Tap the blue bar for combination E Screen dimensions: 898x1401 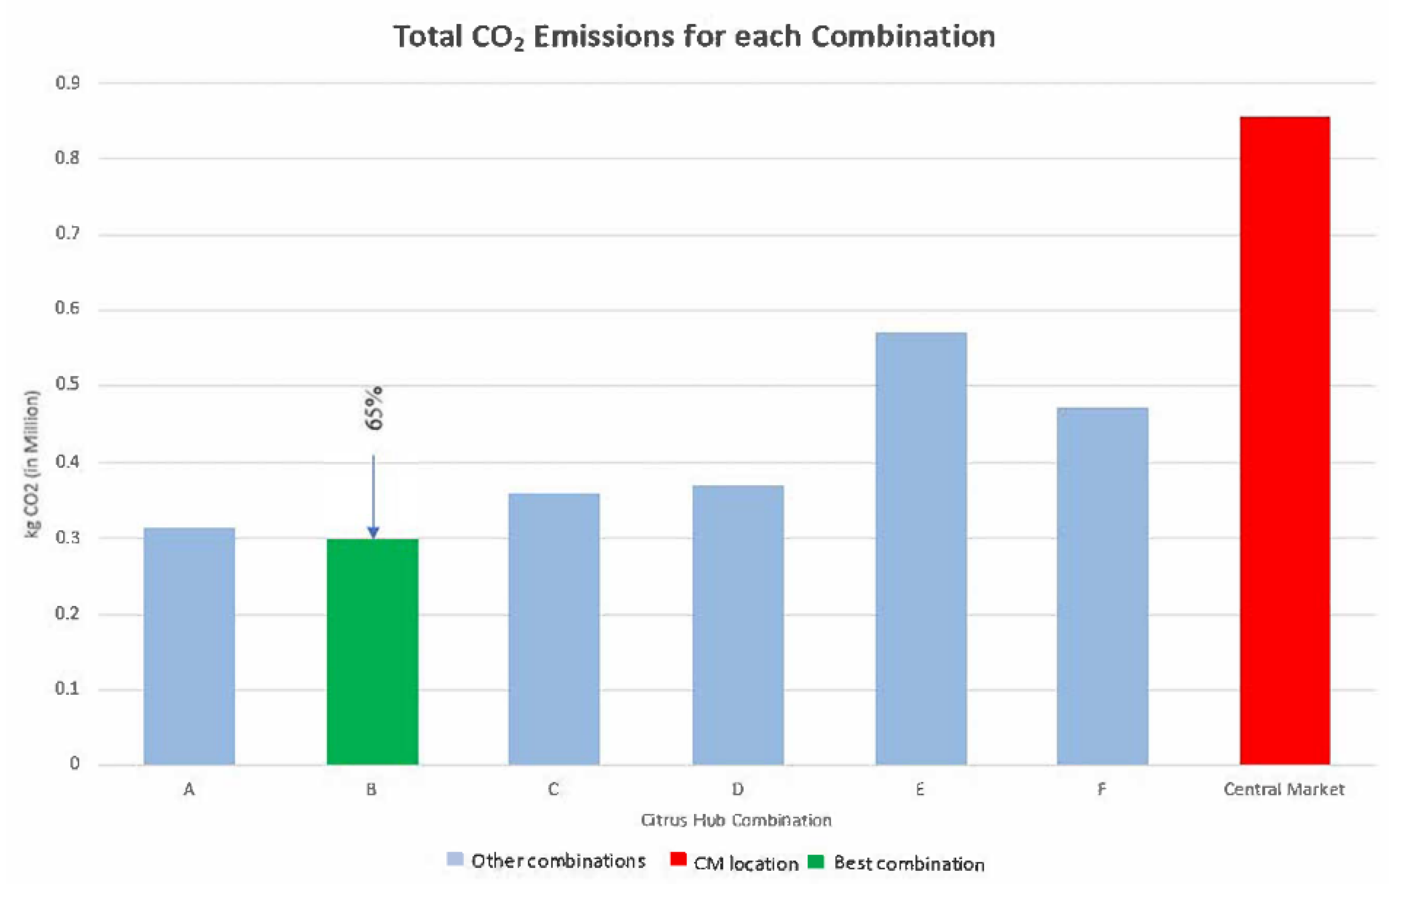pyautogui.click(x=921, y=548)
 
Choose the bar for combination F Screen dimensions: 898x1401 pyautogui.click(x=1102, y=586)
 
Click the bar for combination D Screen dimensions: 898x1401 pyautogui.click(x=738, y=625)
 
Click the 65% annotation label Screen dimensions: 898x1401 pyautogui.click(x=375, y=408)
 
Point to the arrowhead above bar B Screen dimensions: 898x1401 pyautogui.click(x=374, y=532)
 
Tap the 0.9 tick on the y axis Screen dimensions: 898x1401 pyautogui.click(x=67, y=83)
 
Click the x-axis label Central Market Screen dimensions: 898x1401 pyautogui.click(x=1284, y=789)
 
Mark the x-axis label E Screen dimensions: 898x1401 pyautogui.click(x=920, y=789)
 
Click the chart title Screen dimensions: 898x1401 pyautogui.click(x=694, y=36)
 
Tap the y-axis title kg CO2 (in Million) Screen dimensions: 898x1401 pyautogui.click(x=32, y=464)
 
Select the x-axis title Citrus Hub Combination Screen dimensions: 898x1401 pyautogui.click(x=736, y=820)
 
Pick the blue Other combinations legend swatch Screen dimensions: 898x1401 pyautogui.click(x=455, y=859)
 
